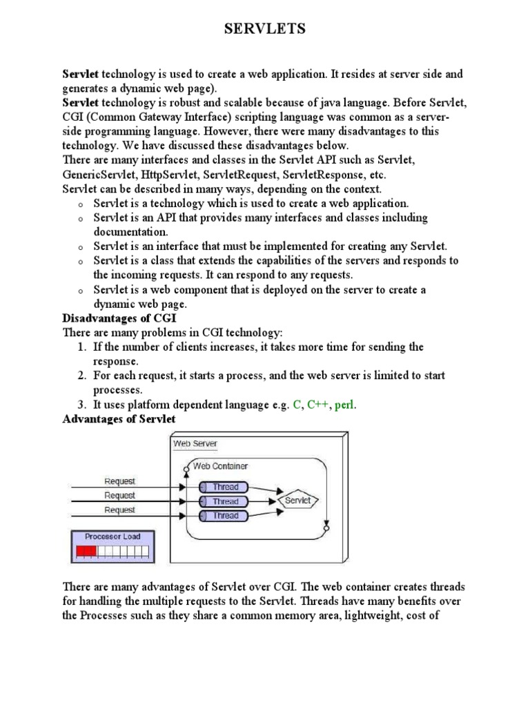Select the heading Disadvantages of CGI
click(x=119, y=318)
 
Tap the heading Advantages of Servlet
click(x=119, y=419)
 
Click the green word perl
click(x=346, y=405)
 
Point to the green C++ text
click(x=317, y=405)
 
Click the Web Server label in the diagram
click(x=195, y=443)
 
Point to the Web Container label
click(x=220, y=466)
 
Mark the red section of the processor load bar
click(x=86, y=551)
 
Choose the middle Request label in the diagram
click(x=119, y=495)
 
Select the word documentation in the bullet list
click(x=131, y=232)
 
